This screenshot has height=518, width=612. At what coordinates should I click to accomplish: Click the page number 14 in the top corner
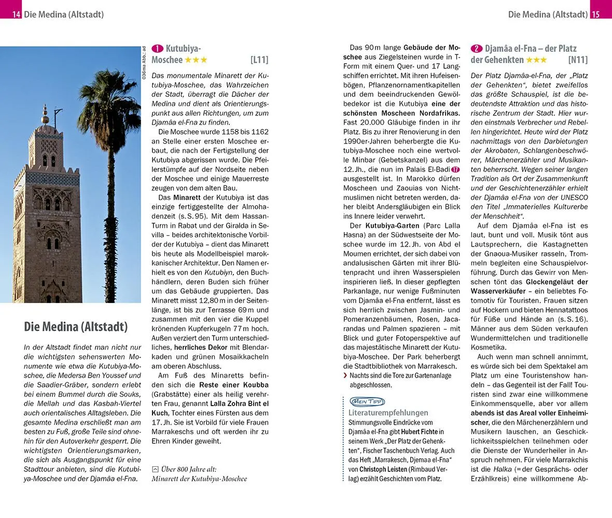click(16, 14)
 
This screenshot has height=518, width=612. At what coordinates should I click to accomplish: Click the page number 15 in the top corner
click(595, 14)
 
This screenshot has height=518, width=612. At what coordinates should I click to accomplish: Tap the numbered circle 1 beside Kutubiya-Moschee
click(157, 49)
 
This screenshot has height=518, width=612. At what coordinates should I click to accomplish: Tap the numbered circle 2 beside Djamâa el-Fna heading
click(476, 49)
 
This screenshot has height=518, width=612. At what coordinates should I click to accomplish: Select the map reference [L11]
click(259, 60)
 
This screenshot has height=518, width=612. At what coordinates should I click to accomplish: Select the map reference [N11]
click(578, 60)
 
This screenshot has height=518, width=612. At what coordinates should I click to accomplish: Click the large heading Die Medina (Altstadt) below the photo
click(76, 327)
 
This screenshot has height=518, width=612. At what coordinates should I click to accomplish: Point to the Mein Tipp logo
click(367, 401)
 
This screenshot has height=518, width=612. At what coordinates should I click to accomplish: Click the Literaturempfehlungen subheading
click(388, 413)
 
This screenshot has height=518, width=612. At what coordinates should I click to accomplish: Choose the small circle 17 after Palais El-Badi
click(455, 169)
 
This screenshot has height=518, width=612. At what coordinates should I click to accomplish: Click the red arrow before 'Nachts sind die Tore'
click(345, 376)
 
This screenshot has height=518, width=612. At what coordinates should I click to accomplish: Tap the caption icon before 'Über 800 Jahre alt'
click(155, 469)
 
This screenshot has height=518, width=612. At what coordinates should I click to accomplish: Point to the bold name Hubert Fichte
click(416, 431)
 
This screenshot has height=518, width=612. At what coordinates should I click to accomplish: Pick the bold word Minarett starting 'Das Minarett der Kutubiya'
click(188, 197)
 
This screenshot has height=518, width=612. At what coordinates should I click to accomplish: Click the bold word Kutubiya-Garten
click(392, 225)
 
